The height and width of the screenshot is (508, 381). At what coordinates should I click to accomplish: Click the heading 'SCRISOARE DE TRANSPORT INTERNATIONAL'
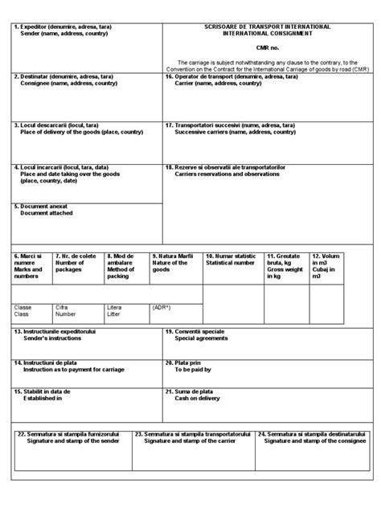click(268, 27)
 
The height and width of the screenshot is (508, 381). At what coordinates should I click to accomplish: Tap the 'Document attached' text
click(46, 213)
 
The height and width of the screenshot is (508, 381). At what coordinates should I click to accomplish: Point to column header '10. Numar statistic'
click(231, 256)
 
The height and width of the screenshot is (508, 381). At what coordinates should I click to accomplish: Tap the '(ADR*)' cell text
click(162, 307)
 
